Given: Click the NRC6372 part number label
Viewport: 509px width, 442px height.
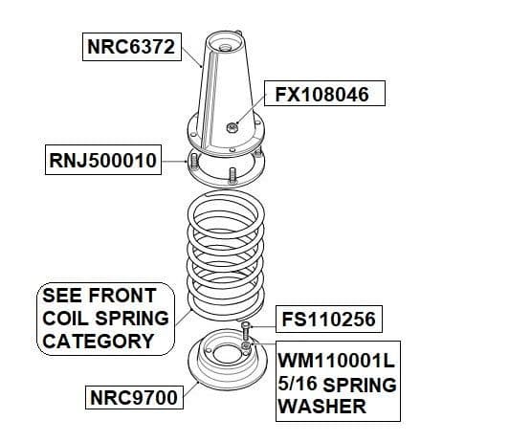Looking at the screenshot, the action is tap(131, 47).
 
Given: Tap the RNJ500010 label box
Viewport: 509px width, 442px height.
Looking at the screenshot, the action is tap(103, 160).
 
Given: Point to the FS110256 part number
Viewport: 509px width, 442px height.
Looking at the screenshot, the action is tap(329, 319).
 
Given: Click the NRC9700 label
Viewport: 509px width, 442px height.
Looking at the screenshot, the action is tap(134, 397).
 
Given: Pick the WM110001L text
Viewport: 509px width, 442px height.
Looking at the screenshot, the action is tap(337, 361).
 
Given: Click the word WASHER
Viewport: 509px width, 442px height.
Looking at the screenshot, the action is tap(322, 407).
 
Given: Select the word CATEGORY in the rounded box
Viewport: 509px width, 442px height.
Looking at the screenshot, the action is tap(98, 342).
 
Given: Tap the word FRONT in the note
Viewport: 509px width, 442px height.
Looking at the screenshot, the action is tap(122, 296).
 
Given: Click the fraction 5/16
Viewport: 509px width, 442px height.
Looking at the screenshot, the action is tap(298, 384).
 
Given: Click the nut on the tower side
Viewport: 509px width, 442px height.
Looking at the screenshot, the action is tap(232, 128).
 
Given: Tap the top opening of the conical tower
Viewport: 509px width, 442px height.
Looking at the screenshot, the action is tap(225, 42).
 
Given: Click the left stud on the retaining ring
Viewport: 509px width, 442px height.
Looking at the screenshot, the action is tap(194, 162).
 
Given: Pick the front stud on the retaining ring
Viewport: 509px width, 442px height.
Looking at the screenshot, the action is tap(232, 176).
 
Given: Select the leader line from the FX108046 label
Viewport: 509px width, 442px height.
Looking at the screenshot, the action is tap(251, 108).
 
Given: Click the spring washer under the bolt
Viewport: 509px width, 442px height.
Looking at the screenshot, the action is tap(247, 344).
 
